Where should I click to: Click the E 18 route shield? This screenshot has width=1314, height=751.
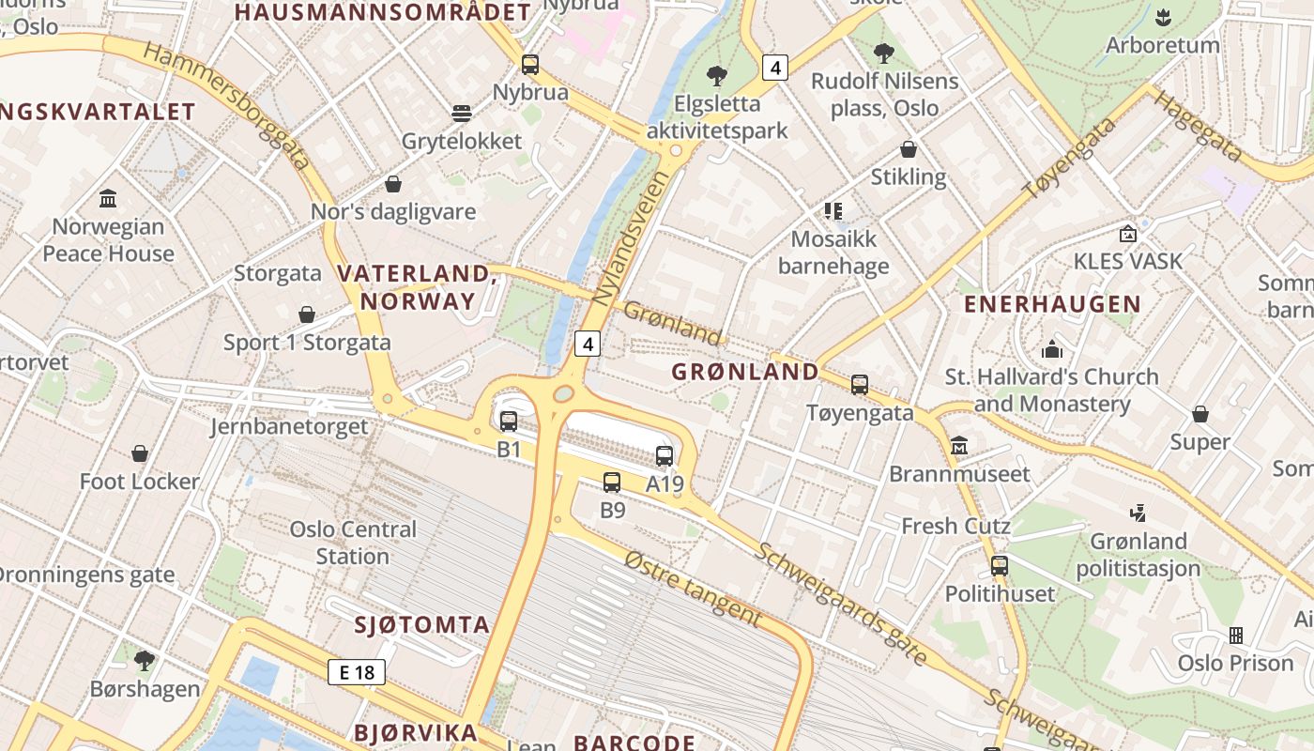pyautogui.click(x=357, y=672)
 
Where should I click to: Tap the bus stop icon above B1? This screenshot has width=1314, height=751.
pyautogui.click(x=509, y=421)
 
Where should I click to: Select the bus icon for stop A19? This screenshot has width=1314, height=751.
pyautogui.click(x=665, y=456)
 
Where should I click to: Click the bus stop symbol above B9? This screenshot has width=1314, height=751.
pyautogui.click(x=612, y=483)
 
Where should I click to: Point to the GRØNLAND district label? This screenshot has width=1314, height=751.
pyautogui.click(x=745, y=372)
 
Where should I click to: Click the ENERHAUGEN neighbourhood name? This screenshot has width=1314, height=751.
pyautogui.click(x=1052, y=304)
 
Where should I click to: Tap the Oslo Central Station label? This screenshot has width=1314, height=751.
pyautogui.click(x=353, y=543)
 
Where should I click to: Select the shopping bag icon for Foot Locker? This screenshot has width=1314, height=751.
pyautogui.click(x=140, y=454)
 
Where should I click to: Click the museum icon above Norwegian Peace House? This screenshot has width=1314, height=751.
pyautogui.click(x=108, y=199)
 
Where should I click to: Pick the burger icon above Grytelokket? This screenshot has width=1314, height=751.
pyautogui.click(x=461, y=114)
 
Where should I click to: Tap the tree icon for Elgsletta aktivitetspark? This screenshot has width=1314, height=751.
pyautogui.click(x=717, y=76)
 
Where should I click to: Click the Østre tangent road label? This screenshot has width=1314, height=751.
pyautogui.click(x=693, y=588)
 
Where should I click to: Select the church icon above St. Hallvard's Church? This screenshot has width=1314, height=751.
pyautogui.click(x=1052, y=349)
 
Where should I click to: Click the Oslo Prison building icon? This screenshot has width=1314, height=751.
pyautogui.click(x=1235, y=636)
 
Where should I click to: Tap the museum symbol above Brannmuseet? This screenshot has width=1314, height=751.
pyautogui.click(x=959, y=445)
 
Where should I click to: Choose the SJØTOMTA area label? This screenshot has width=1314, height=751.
pyautogui.click(x=422, y=625)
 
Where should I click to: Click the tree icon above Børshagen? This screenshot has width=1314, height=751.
pyautogui.click(x=145, y=661)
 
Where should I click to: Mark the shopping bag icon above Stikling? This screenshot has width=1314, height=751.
pyautogui.click(x=909, y=149)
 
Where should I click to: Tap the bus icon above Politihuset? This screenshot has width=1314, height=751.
pyautogui.click(x=1000, y=566)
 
